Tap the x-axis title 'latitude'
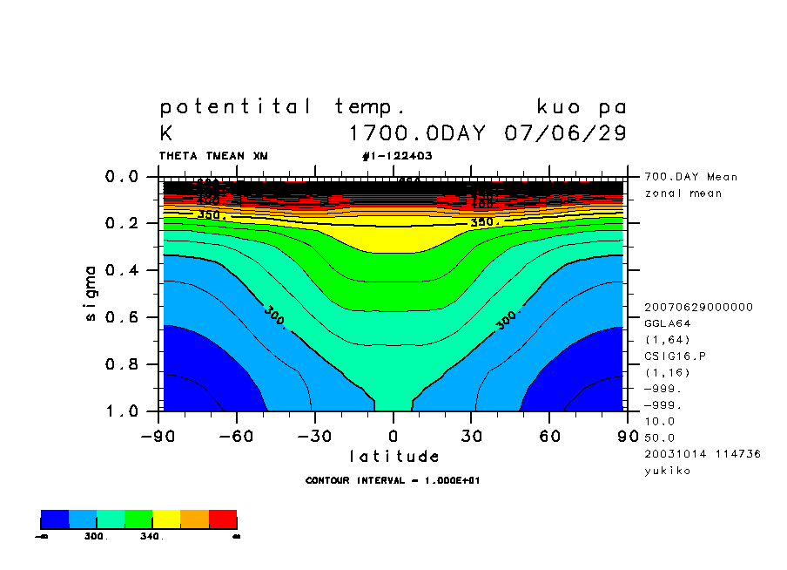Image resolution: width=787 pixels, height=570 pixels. [x=393, y=456]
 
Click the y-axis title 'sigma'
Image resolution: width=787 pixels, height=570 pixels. [x=91, y=293]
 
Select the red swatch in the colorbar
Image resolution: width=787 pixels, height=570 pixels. [x=223, y=520]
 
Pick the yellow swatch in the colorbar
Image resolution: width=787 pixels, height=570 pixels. [x=166, y=520]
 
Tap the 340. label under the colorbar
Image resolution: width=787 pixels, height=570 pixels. [x=151, y=537]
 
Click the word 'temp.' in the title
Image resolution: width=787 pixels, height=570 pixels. [x=370, y=107]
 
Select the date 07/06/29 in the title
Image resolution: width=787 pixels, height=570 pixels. [x=565, y=134]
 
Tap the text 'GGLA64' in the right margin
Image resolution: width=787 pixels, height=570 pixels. [x=666, y=322]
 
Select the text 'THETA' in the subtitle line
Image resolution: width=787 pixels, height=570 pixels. [x=178, y=156]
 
